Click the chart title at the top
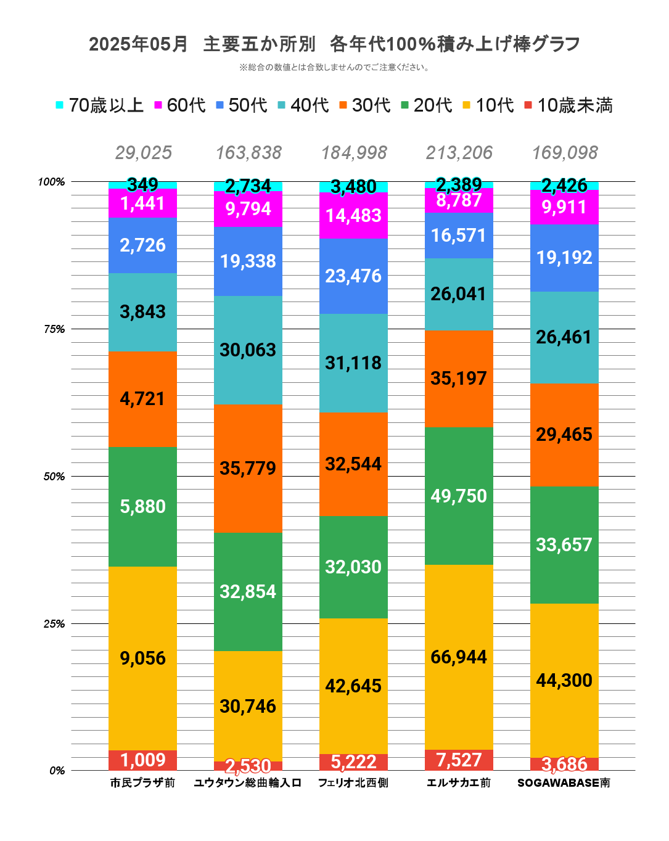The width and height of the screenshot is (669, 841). (x=334, y=44)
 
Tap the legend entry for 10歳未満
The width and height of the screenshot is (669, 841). (x=568, y=105)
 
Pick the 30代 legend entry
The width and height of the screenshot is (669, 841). (x=364, y=105)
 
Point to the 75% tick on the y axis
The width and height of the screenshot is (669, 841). (x=54, y=329)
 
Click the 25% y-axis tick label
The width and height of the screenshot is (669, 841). (x=54, y=624)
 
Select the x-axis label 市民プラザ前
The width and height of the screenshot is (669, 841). (x=142, y=783)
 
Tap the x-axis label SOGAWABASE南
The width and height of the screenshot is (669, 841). (x=564, y=783)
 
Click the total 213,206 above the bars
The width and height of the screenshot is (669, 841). (x=459, y=153)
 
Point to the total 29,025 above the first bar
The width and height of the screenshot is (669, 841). (x=143, y=153)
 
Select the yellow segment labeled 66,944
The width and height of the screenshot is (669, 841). (x=459, y=657)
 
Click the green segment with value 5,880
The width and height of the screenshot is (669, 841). (x=142, y=507)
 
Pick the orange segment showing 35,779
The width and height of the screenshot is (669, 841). (x=248, y=469)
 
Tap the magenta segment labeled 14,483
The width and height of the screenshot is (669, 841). (x=353, y=216)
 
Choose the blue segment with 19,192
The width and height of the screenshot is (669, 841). (x=564, y=258)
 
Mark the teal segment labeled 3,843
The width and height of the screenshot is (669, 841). (x=142, y=312)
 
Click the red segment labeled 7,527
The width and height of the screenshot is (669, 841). (x=459, y=760)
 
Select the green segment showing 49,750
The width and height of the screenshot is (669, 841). (x=459, y=496)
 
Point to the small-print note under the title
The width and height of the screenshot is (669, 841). (x=334, y=67)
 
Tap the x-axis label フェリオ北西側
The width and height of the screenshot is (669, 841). (x=353, y=783)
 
